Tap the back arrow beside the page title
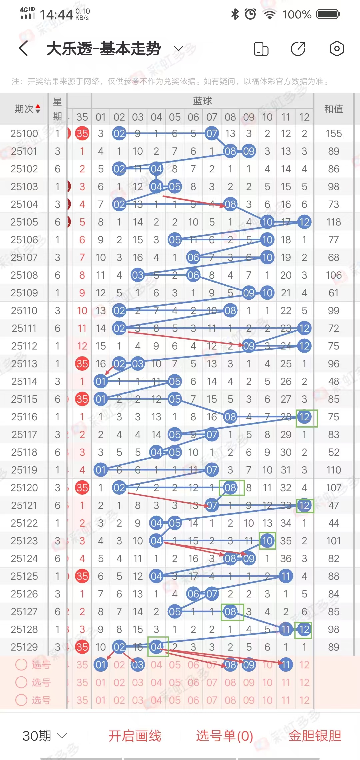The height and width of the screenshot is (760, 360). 23,49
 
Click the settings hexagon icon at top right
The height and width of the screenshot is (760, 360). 337,49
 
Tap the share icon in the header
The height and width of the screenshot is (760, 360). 298,49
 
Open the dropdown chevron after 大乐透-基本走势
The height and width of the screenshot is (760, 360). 179,49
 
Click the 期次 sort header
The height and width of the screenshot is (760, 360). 27,109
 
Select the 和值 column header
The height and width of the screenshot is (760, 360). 333,109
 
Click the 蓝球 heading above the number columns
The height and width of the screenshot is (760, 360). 202,101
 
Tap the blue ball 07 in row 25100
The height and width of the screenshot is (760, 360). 212,134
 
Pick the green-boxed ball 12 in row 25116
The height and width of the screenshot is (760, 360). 304,417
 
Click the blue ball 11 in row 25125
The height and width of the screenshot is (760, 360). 286,576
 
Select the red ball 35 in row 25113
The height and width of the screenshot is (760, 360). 82,364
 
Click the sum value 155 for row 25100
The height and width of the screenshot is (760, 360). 333,134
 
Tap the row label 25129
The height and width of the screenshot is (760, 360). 24,647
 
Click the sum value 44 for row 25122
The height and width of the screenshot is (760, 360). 333,523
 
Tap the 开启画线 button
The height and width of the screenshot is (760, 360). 135,736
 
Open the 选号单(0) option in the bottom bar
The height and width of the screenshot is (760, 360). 224,736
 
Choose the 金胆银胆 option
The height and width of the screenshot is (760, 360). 315,736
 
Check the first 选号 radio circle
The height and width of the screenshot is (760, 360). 21,665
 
